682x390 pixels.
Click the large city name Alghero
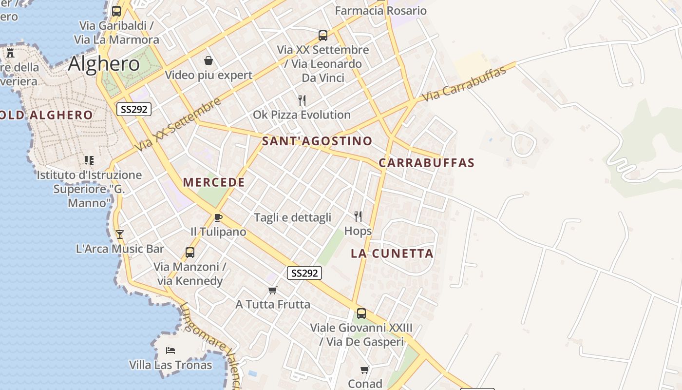104,64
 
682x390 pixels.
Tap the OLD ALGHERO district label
46,116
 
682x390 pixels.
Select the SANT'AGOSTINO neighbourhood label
317,141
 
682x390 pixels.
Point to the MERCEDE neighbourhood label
214,182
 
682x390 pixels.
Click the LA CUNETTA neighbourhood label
392,253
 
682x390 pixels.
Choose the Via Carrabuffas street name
464,83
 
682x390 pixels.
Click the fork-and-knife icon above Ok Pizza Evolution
302,100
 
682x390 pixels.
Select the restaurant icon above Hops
358,216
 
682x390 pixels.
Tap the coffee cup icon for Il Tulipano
218,217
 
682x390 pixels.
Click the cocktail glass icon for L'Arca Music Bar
119,234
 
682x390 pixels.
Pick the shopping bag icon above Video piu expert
208,60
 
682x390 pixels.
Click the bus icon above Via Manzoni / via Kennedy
190,253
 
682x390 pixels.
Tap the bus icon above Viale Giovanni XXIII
361,313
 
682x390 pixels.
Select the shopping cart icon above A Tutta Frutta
273,291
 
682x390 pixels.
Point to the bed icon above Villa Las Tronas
170,351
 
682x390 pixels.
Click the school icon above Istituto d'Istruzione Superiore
89,160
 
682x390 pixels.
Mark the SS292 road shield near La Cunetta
304,273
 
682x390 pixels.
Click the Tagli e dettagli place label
293,217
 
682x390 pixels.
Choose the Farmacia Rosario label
381,11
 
